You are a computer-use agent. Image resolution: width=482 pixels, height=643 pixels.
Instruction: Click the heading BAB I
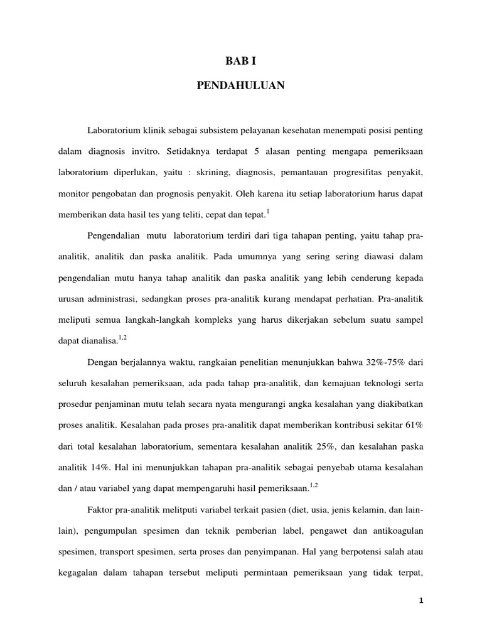(240, 61)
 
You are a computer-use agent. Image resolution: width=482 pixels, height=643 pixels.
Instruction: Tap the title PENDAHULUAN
(240, 86)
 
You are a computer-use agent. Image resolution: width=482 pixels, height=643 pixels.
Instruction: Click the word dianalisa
(96, 341)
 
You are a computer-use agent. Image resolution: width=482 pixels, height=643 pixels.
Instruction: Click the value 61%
(413, 425)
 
